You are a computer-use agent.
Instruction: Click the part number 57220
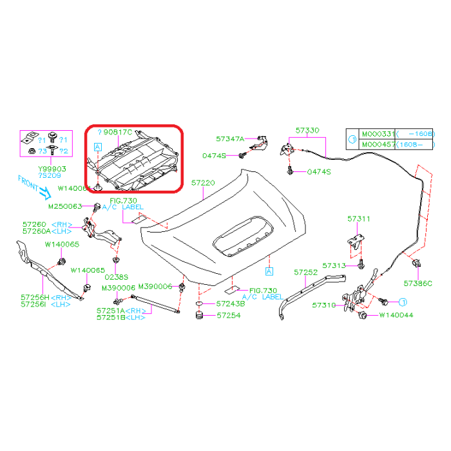(203, 183)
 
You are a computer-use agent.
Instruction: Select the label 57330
(307, 130)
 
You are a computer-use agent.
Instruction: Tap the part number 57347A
(230, 139)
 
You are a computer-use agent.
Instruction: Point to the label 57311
(359, 219)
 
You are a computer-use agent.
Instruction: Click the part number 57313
(334, 265)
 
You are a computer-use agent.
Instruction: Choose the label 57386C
(418, 283)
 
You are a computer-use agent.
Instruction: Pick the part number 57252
(306, 273)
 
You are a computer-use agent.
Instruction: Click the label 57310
(323, 305)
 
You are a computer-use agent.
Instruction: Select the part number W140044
(396, 315)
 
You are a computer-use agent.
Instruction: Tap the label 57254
(229, 316)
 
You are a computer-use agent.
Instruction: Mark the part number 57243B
(231, 303)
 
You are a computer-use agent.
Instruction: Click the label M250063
(65, 207)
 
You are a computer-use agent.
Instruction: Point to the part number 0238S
(116, 278)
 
